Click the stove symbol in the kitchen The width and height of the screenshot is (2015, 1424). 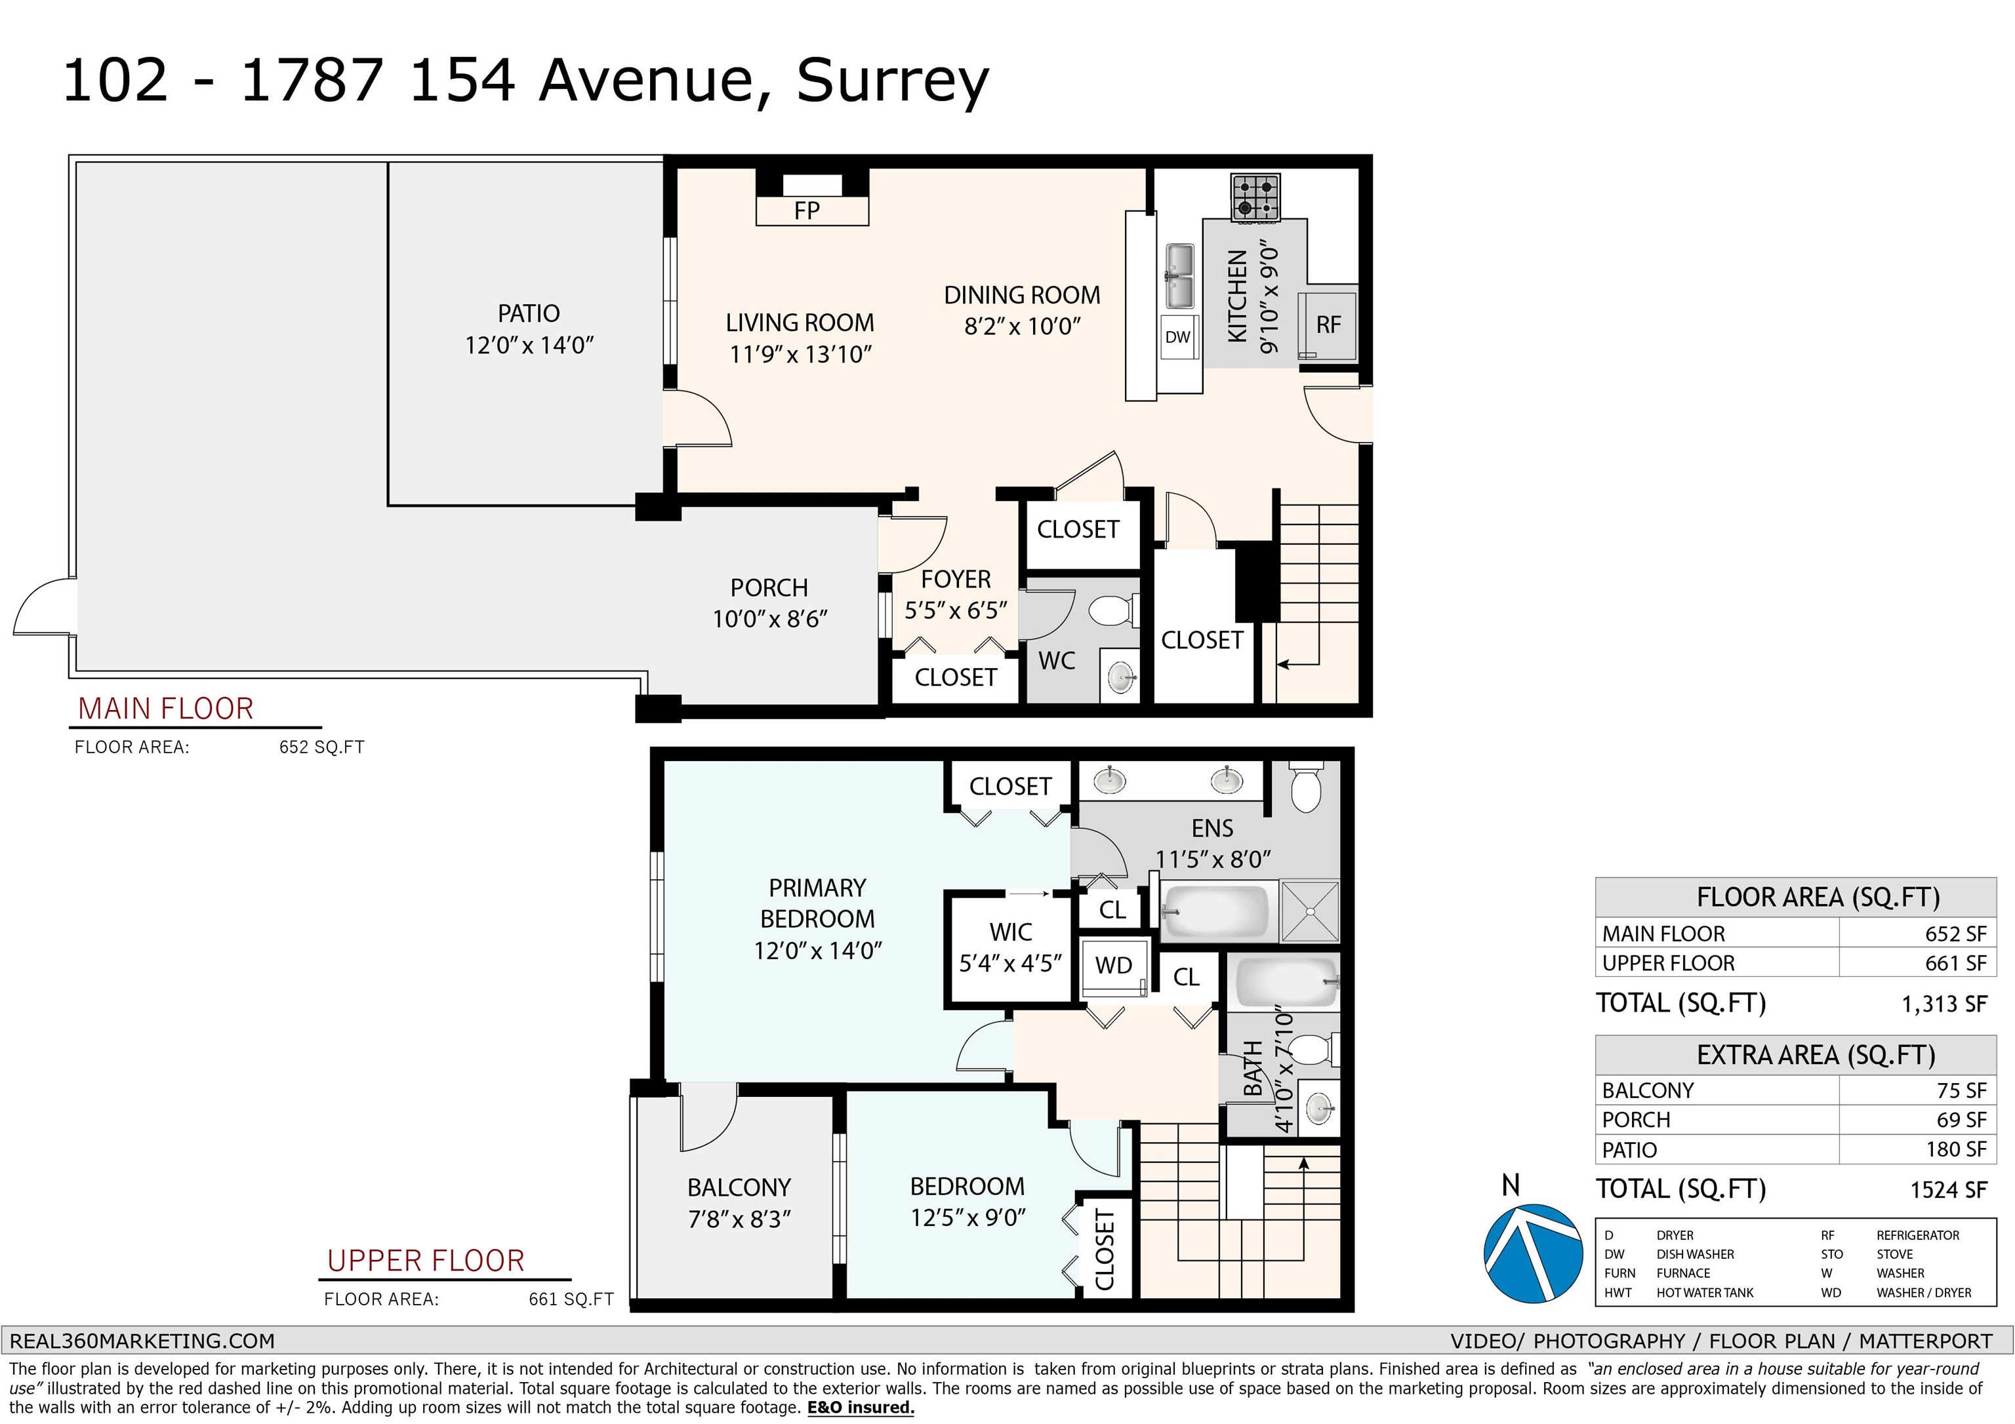(x=1255, y=197)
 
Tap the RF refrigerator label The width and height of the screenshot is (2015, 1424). (x=1329, y=325)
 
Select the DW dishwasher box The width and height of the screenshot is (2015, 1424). (x=1178, y=337)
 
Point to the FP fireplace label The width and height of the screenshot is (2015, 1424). (x=807, y=210)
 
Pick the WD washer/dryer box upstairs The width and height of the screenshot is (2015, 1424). (x=1114, y=967)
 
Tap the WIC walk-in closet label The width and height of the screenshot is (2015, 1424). (x=1011, y=932)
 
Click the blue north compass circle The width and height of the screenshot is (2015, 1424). (x=1533, y=1253)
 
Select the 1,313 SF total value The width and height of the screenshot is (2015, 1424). (x=1944, y=1004)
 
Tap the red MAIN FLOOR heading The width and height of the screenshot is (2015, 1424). (x=166, y=709)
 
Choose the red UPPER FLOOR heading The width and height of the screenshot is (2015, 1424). (x=426, y=1261)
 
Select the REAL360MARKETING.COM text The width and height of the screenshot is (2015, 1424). (x=142, y=1341)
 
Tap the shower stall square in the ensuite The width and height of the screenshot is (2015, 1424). (x=1311, y=911)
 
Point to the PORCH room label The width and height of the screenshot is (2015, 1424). (x=769, y=588)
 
